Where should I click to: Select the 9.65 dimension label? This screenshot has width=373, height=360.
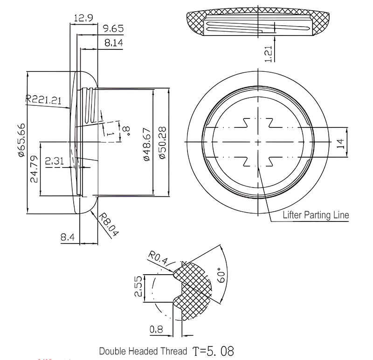(114, 29)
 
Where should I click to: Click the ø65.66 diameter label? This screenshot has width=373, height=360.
(21, 142)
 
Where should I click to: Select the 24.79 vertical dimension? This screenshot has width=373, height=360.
(34, 170)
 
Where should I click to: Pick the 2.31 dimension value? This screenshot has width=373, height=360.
(55, 161)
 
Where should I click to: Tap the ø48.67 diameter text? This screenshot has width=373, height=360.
(146, 145)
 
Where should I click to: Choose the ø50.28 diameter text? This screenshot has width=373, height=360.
(162, 142)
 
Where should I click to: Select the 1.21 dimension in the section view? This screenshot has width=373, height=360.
(268, 53)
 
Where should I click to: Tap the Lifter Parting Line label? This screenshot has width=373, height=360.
(316, 215)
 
